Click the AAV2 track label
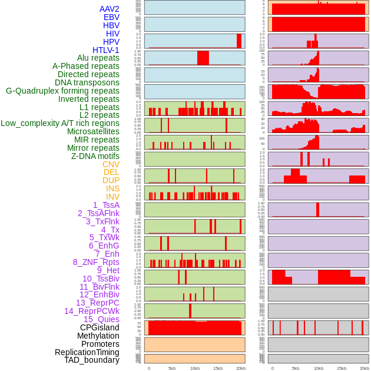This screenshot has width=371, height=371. click(109, 9)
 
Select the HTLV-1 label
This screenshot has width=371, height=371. click(105, 50)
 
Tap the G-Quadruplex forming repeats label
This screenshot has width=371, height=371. click(62, 91)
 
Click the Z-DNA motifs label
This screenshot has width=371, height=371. click(95, 156)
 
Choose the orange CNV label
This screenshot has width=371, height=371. click(111, 164)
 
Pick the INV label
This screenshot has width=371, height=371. click(112, 197)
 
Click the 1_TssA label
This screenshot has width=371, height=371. click(106, 205)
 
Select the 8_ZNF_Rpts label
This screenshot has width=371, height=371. click(96, 262)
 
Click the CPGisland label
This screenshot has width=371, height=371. click(100, 327)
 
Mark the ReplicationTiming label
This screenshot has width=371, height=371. click(87, 352)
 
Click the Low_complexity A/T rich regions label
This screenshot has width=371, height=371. click(59, 123)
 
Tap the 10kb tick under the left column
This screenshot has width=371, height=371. click(194, 368)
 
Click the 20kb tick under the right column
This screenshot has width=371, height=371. click(365, 368)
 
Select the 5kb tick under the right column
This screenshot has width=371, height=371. click(295, 368)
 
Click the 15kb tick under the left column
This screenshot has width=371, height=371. click(218, 368)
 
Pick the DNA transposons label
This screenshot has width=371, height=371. click(87, 82)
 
